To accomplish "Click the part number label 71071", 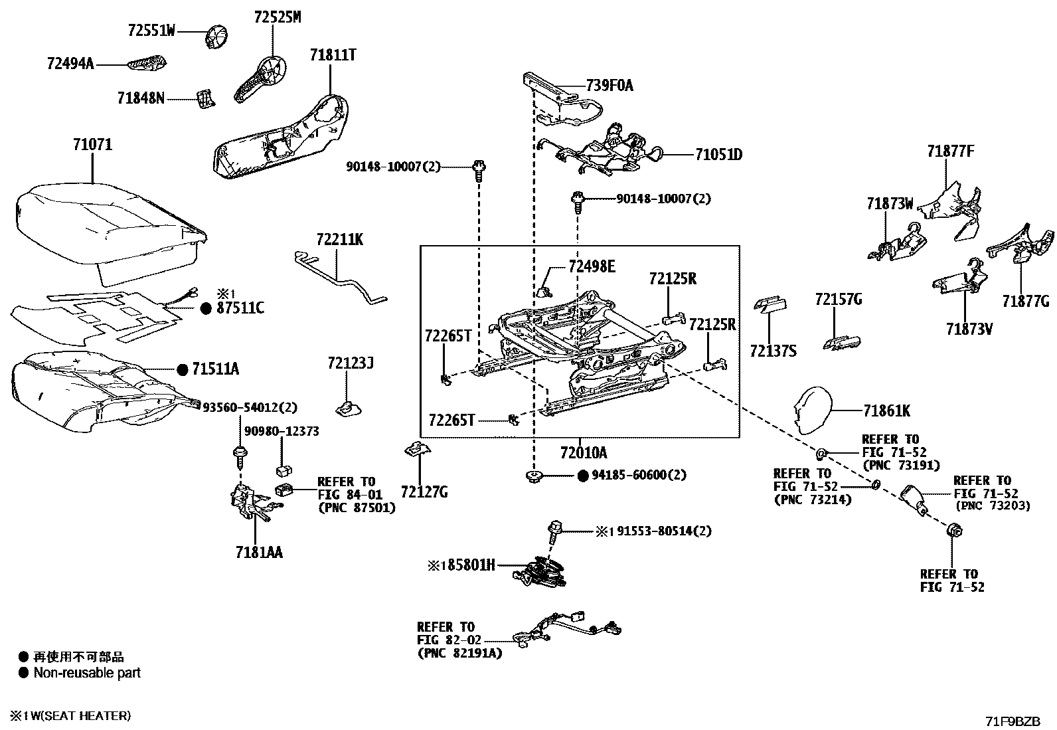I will pos(92,144).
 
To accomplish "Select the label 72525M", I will pos(277,18).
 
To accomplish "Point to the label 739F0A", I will pos(610,86).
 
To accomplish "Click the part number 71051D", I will pos(718,155).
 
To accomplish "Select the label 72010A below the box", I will pos(583,453).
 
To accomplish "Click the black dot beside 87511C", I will pos(206,308).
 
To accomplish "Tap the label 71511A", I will pos(216,369).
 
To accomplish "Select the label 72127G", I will pos(424,492).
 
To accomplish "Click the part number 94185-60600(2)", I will pos(639,475).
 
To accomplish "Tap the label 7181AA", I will pos(258,552).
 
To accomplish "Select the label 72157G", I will pos(838,300).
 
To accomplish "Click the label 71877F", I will pos(950,151).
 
